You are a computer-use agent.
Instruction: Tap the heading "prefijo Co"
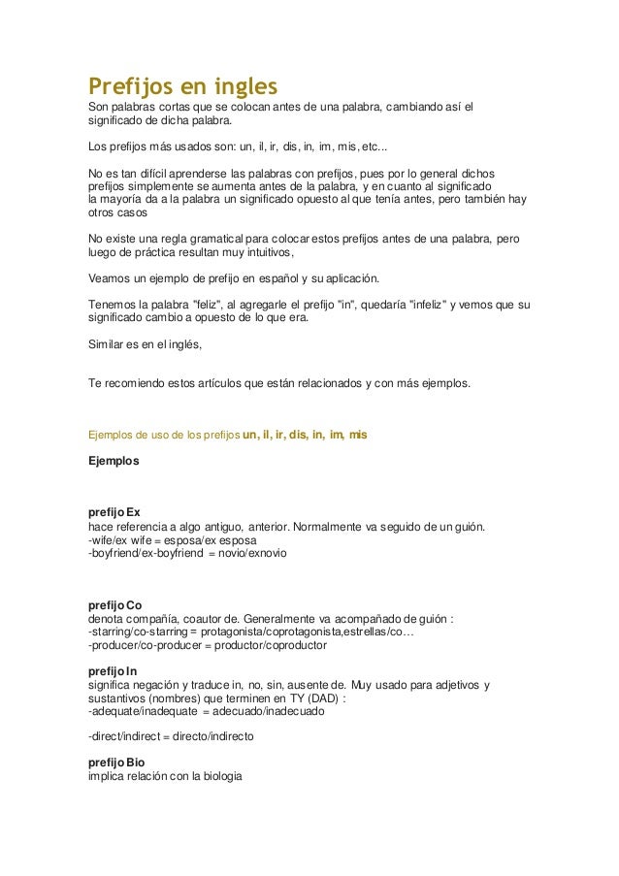[x=114, y=604]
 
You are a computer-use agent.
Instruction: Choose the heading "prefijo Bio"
[x=115, y=763]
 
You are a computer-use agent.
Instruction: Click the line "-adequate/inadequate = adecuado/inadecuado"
[x=207, y=711]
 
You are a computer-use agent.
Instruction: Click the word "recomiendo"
[x=136, y=383]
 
